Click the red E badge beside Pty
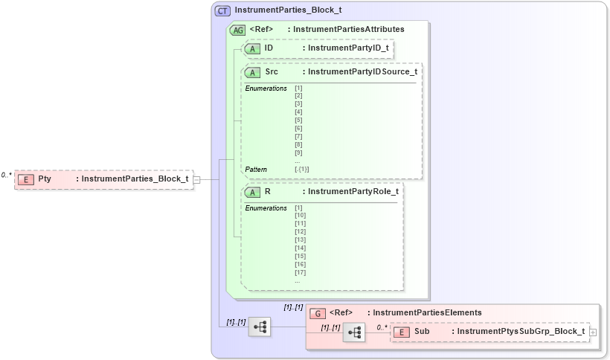(x=26, y=179)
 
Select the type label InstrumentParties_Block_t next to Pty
(x=134, y=179)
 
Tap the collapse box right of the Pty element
(x=196, y=179)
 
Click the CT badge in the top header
(x=222, y=11)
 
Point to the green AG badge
(x=238, y=30)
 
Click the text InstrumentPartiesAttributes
(x=349, y=30)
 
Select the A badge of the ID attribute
(x=254, y=48)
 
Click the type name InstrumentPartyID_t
(x=348, y=48)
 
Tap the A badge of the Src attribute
(x=254, y=72)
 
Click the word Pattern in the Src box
(x=256, y=169)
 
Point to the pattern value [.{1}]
(x=301, y=169)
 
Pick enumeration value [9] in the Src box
(x=298, y=152)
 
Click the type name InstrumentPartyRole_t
(x=353, y=191)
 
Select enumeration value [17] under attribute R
(x=300, y=272)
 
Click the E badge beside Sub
(x=401, y=331)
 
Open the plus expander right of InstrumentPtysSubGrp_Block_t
(x=593, y=332)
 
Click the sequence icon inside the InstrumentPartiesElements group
(x=354, y=332)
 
